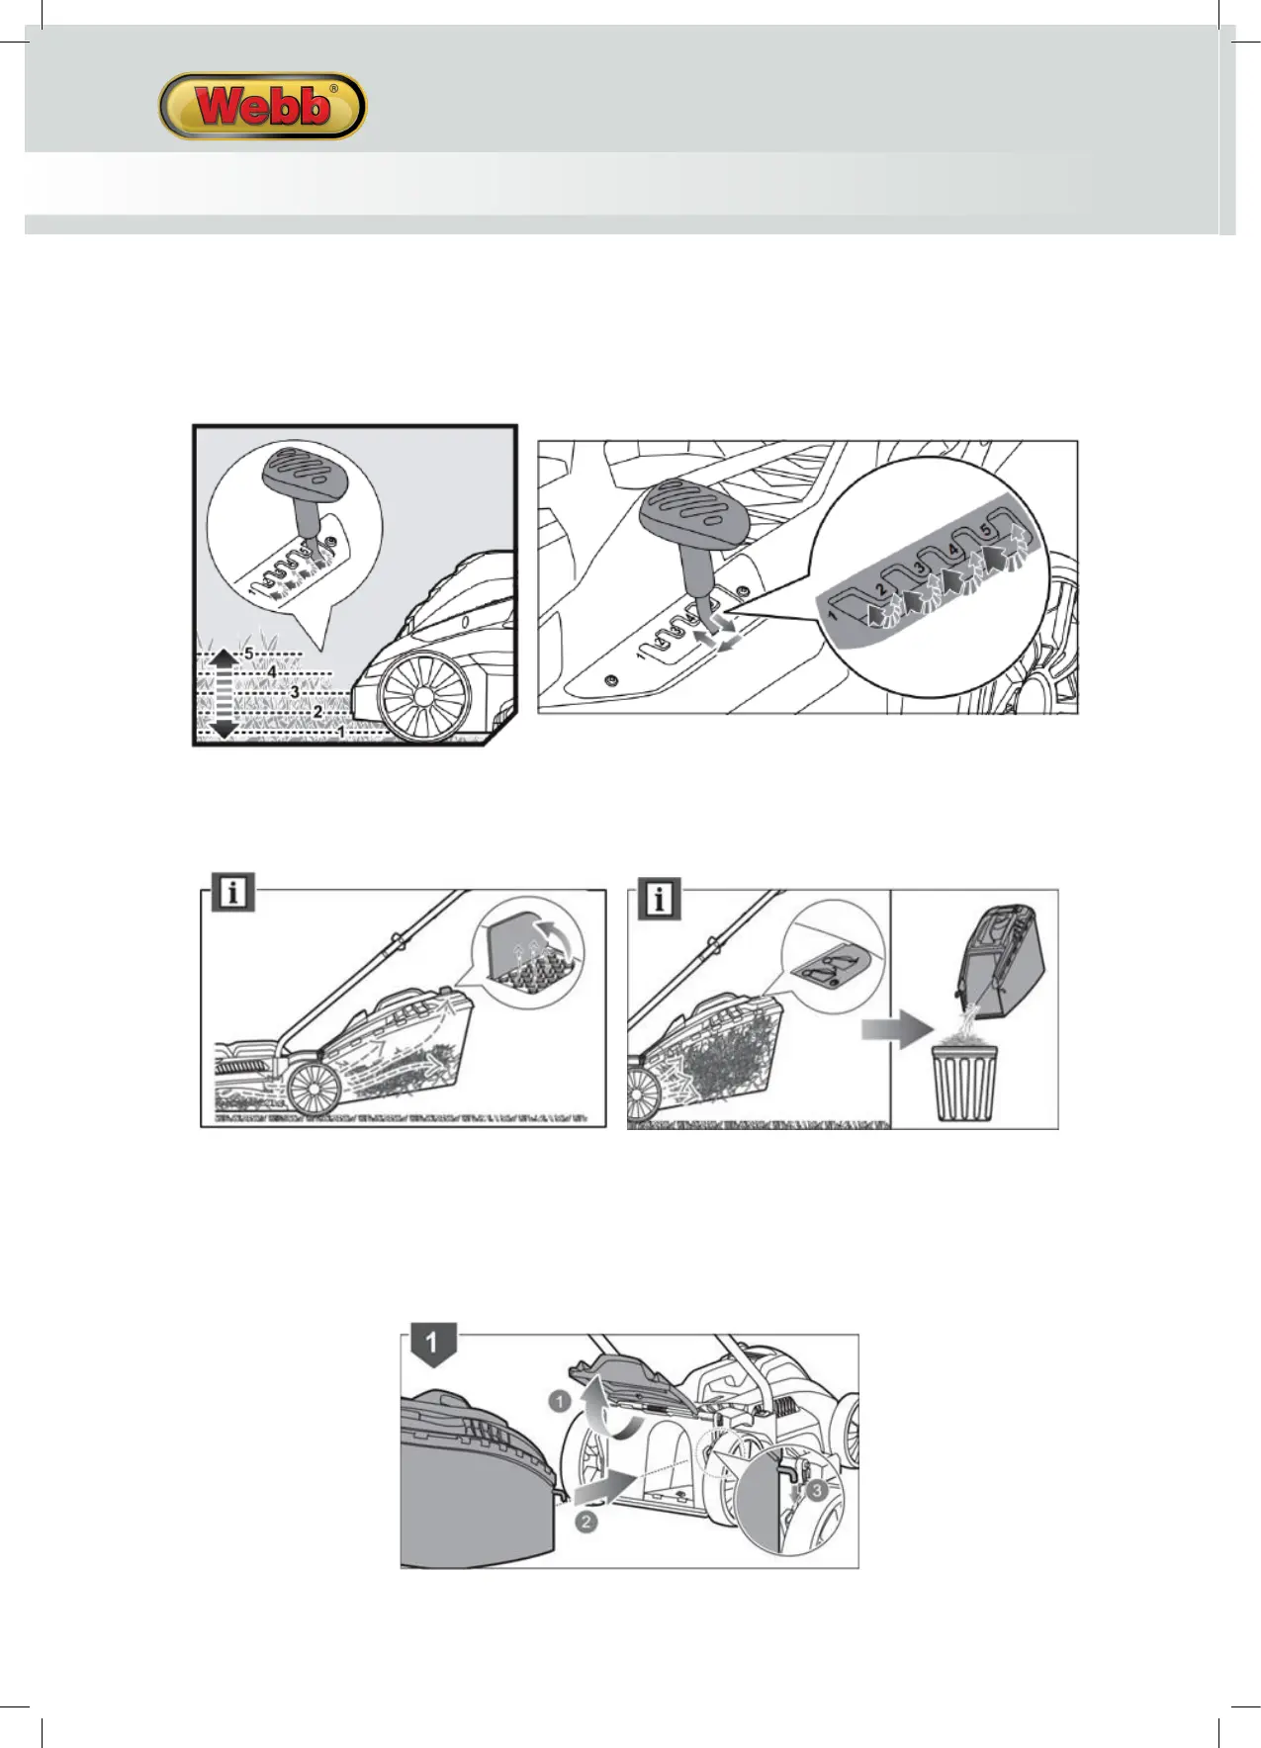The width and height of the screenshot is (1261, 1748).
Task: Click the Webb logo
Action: pyautogui.click(x=262, y=106)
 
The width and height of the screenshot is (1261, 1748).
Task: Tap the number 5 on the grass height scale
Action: pyautogui.click(x=249, y=654)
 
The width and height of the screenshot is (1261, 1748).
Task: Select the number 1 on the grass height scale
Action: pyautogui.click(x=341, y=732)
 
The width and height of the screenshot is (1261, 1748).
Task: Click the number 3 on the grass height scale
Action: pyautogui.click(x=294, y=692)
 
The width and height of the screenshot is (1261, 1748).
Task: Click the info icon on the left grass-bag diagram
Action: pyautogui.click(x=232, y=894)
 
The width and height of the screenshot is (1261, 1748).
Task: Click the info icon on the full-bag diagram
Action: pyautogui.click(x=660, y=900)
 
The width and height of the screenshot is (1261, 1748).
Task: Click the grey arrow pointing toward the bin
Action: pyautogui.click(x=895, y=1030)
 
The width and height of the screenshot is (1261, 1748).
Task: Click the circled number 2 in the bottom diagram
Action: pyautogui.click(x=585, y=1521)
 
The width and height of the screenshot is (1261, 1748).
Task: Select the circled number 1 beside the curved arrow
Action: pyautogui.click(x=559, y=1400)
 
